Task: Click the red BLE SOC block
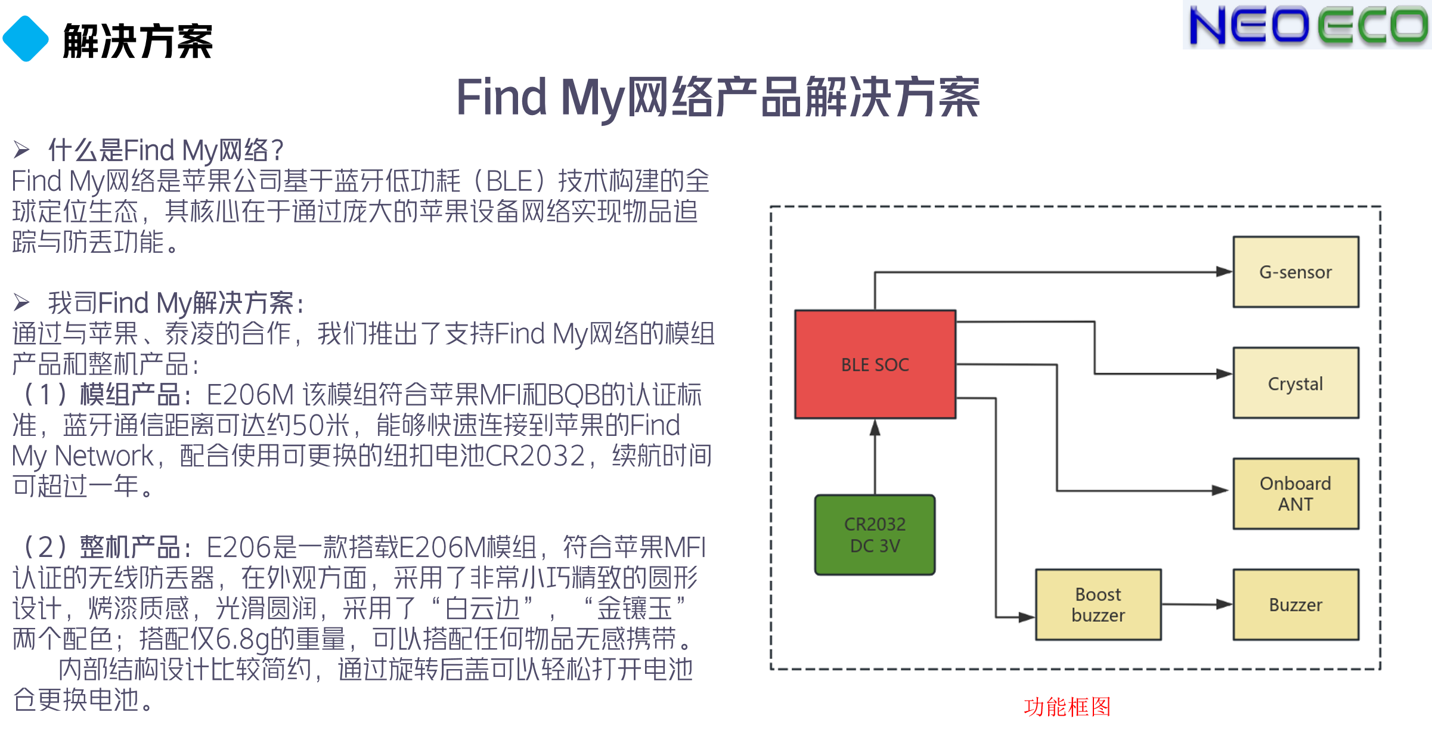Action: [875, 364]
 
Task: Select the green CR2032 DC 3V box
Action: [875, 535]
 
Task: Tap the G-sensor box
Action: [1295, 272]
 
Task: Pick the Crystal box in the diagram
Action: [1295, 383]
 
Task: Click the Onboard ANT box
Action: [1295, 494]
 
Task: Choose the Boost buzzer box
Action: [1098, 605]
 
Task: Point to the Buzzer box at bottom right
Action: [1295, 605]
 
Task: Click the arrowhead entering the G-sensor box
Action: [1225, 272]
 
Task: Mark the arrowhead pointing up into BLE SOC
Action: [875, 427]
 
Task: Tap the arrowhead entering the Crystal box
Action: [1225, 374]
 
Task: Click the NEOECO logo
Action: [1307, 25]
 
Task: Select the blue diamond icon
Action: [26, 39]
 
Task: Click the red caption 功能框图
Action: [1067, 707]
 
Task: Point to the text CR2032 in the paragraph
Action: [535, 456]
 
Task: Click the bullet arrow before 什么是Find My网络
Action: [21, 150]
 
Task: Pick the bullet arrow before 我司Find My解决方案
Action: [21, 302]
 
